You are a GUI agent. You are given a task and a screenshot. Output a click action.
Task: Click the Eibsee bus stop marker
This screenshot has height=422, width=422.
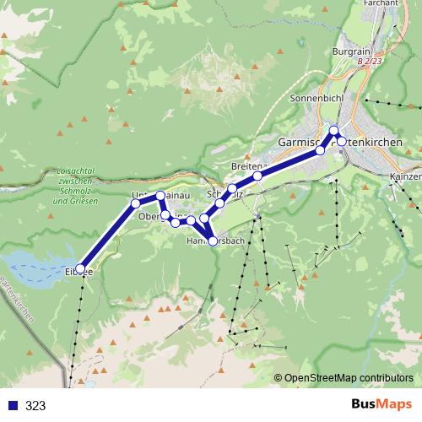click(x=81, y=268)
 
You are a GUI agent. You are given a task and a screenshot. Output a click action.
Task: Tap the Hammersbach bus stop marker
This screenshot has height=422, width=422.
click(x=213, y=241)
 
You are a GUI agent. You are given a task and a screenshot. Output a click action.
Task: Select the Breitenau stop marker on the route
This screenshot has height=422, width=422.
click(x=257, y=176)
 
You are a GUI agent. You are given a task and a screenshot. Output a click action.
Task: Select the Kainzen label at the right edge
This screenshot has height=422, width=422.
click(x=405, y=178)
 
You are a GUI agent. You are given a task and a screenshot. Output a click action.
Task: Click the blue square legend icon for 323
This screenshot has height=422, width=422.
click(x=12, y=405)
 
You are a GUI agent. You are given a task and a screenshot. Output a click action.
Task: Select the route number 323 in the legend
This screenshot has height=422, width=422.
click(x=35, y=405)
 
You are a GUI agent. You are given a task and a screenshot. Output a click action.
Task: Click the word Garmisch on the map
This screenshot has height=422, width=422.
click(x=300, y=143)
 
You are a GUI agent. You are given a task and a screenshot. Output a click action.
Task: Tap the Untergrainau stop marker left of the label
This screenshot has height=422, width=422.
click(x=135, y=203)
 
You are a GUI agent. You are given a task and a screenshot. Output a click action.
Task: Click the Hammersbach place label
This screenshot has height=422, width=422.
click(x=215, y=241)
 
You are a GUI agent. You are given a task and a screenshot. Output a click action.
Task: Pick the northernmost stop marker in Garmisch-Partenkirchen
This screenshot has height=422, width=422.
click(x=334, y=129)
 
